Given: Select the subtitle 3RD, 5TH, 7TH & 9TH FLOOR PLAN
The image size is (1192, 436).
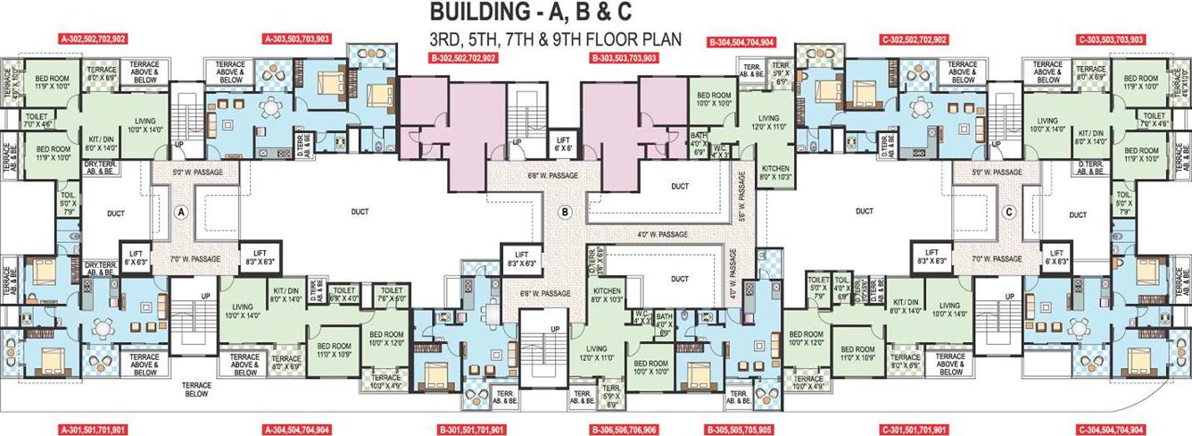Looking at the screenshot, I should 554,39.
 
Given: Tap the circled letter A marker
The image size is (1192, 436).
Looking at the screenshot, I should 180,212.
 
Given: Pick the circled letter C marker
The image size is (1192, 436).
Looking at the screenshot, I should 1009,212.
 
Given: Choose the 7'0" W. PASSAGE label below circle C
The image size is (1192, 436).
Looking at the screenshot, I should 997,258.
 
